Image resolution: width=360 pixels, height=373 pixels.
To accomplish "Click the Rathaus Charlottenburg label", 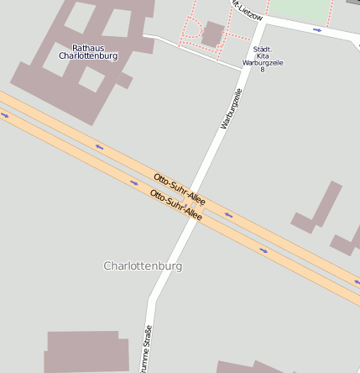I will tap(88, 52).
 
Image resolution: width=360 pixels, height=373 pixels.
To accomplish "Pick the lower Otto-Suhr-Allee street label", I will tap(175, 205).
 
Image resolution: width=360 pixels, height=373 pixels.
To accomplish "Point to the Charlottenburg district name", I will tap(143, 265).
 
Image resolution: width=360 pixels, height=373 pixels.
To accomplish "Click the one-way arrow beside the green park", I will tap(317, 30).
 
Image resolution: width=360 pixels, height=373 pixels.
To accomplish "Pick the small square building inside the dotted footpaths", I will tap(212, 34).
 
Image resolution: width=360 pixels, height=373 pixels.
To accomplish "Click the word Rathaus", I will tap(88, 48).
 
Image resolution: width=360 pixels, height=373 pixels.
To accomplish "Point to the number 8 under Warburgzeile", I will tap(262, 69).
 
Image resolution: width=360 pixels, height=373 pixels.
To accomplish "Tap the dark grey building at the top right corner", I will tap(354, 3).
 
